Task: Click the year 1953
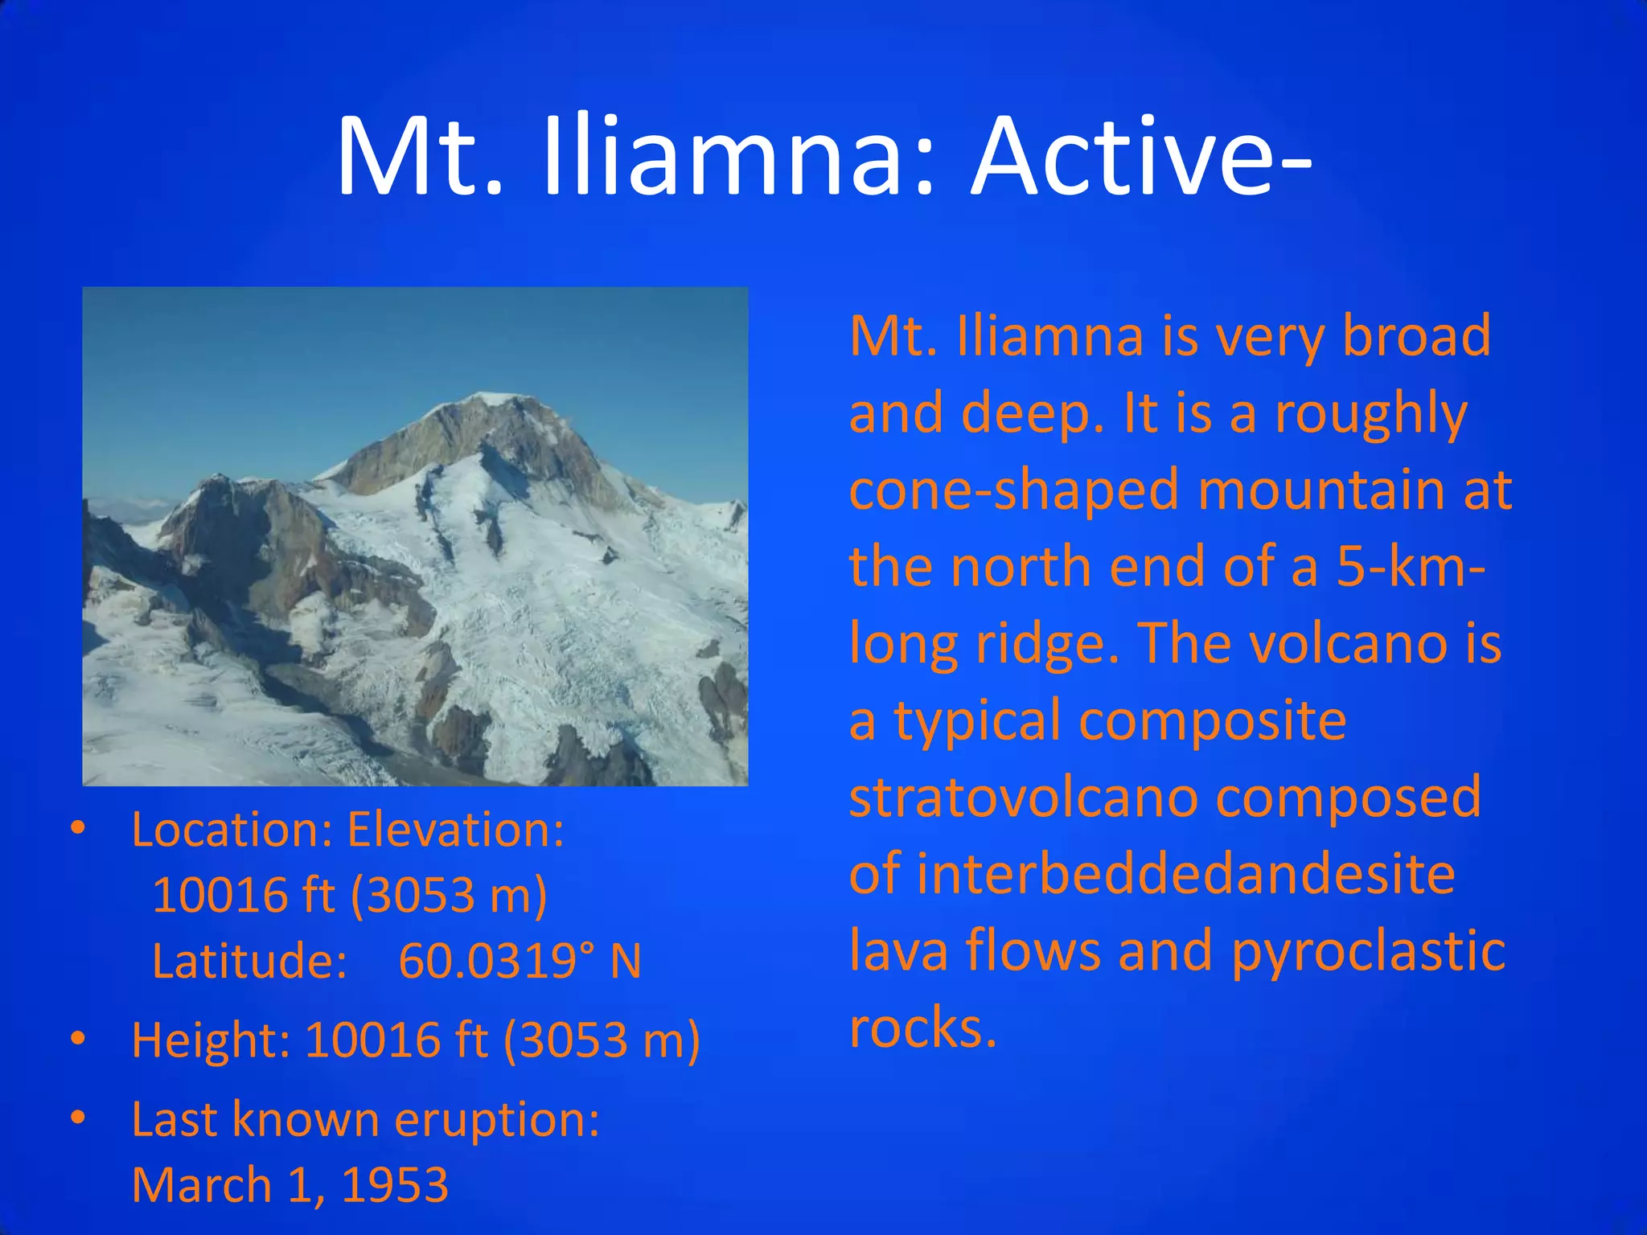395,1185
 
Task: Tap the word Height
210,1040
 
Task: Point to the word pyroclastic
1368,951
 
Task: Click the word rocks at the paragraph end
922,1028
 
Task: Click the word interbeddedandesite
1185,875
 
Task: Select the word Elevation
455,830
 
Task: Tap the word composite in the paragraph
1213,721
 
